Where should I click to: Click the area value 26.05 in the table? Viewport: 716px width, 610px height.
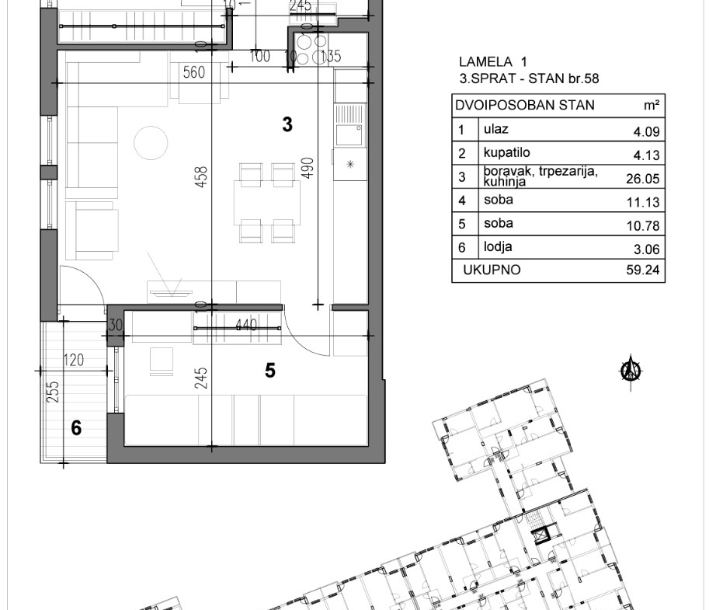[643, 179]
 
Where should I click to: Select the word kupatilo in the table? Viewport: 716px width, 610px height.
[507, 152]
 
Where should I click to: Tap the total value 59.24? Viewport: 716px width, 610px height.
[643, 270]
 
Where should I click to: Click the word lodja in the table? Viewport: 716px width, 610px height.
[498, 247]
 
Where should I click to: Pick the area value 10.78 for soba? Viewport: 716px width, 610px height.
[643, 225]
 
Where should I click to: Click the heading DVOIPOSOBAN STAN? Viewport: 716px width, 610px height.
[525, 105]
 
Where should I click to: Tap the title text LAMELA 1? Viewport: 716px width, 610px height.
[493, 61]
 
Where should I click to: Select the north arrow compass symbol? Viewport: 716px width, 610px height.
[631, 371]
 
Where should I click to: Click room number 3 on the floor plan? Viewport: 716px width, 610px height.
[287, 124]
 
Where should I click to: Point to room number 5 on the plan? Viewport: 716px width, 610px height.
[270, 371]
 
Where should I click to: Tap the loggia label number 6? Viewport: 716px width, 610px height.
[76, 428]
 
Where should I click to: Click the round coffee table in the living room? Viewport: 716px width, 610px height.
[151, 143]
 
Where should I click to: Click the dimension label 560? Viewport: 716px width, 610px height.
[193, 72]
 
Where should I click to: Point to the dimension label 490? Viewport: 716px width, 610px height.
[308, 168]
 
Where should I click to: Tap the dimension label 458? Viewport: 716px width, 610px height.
[201, 176]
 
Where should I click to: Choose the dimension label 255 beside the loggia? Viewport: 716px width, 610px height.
[53, 392]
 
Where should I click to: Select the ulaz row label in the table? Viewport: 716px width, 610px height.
[496, 129]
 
